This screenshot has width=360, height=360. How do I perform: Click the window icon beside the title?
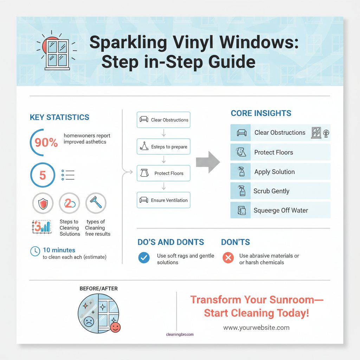pyautogui.click(x=57, y=53)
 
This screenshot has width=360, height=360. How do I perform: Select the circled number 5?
pyautogui.click(x=43, y=175)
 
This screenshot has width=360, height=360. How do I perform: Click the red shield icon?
pyautogui.click(x=43, y=203)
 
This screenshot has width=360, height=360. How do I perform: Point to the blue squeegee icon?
pyautogui.click(x=96, y=203)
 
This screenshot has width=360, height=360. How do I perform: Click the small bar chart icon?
pyautogui.click(x=41, y=226)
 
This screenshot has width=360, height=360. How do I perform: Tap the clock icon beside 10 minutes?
pyautogui.click(x=35, y=251)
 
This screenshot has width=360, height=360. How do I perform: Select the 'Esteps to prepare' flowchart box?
pyautogui.click(x=163, y=147)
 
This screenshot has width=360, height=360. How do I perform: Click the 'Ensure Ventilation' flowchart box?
pyautogui.click(x=163, y=200)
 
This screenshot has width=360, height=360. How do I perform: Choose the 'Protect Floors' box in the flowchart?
pyautogui.click(x=163, y=173)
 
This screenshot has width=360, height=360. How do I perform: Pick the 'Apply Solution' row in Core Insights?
pyautogui.click(x=280, y=172)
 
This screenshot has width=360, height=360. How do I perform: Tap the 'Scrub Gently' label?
pyautogui.click(x=271, y=191)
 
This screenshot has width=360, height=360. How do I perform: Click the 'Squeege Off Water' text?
pyautogui.click(x=281, y=211)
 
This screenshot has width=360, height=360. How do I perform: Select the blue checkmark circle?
pyautogui.click(x=143, y=258)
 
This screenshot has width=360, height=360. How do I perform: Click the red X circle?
pyautogui.click(x=228, y=258)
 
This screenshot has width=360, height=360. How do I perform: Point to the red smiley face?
pyautogui.click(x=115, y=327)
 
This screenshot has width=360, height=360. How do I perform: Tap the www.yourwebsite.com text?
pyautogui.click(x=256, y=328)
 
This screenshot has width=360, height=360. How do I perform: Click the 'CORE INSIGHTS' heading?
pyautogui.click(x=261, y=113)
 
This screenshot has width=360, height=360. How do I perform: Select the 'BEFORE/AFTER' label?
pyautogui.click(x=99, y=289)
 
